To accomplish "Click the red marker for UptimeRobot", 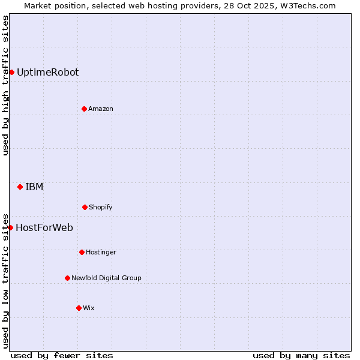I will [x=11, y=73].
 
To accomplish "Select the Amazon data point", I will [x=84, y=109].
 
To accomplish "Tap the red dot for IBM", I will [x=20, y=187].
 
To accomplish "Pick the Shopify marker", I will [x=85, y=207].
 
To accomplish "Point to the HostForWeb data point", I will [x=10, y=227].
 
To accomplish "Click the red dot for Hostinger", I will [x=82, y=252].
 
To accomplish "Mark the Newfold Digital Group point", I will [x=67, y=278].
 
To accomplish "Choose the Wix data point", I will [x=79, y=308].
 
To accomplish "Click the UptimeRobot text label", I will [x=47, y=73].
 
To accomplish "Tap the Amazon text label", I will [x=101, y=109].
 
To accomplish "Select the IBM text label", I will [x=34, y=187].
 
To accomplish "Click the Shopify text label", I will [x=101, y=207].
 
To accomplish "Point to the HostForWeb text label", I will [x=44, y=227].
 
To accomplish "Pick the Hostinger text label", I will [x=101, y=252].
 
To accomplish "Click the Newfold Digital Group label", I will [x=106, y=278].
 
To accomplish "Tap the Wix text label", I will [x=89, y=308].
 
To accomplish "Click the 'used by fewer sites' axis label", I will [x=62, y=355].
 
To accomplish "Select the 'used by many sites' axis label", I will [x=301, y=355].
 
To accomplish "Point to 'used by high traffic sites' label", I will [x=6, y=85].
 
